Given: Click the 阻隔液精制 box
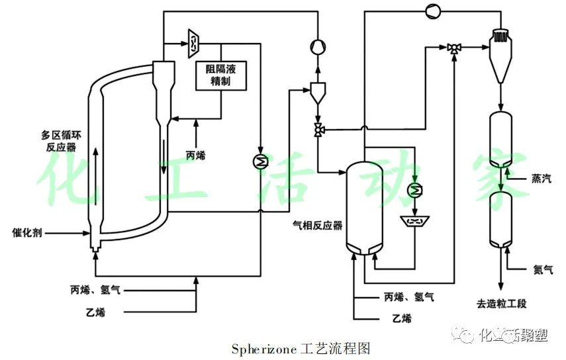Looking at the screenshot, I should click(220, 76).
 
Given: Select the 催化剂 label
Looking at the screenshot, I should click(28, 232).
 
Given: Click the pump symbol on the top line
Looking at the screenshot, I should click(431, 10).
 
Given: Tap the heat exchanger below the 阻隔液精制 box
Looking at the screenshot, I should click(261, 161).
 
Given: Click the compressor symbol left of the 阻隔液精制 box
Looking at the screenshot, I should click(193, 42).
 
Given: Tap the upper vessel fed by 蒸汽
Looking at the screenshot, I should click(501, 140).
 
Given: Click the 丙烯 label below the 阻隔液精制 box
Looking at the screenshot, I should click(196, 156).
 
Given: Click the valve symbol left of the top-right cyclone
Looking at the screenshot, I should click(454, 47).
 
